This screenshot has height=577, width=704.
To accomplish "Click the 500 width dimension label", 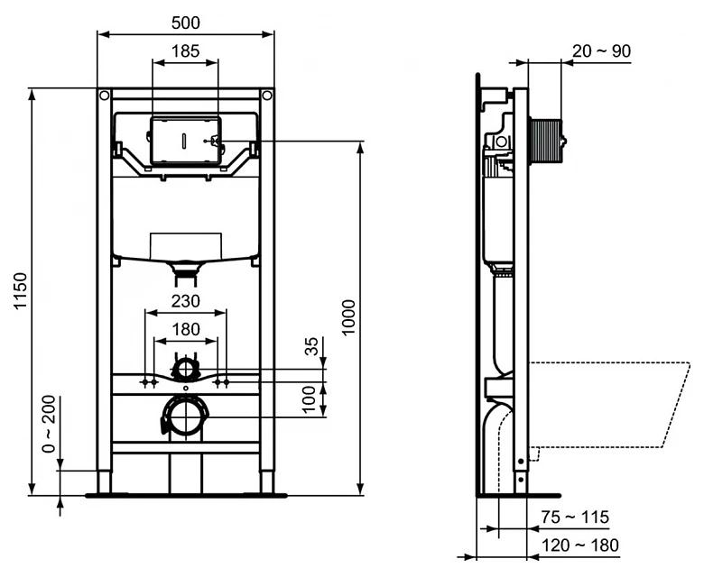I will pyautogui.click(x=185, y=22).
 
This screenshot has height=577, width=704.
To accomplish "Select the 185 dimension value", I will pyautogui.click(x=185, y=51).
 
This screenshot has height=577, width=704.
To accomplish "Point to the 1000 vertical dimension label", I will pyautogui.click(x=349, y=316).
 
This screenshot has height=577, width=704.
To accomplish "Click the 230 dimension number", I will pyautogui.click(x=185, y=300).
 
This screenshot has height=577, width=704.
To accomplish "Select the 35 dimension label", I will pyautogui.click(x=312, y=346).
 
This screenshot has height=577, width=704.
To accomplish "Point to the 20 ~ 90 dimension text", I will pyautogui.click(x=602, y=51).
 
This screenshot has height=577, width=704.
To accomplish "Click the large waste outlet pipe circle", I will pyautogui.click(x=185, y=417).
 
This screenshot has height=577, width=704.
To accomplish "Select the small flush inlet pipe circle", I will pyautogui.click(x=185, y=368).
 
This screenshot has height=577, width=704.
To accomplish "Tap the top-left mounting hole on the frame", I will pyautogui.click(x=105, y=95).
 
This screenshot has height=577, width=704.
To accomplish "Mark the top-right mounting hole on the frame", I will pyautogui.click(x=266, y=95).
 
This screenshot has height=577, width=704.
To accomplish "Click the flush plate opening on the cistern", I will pyautogui.click(x=185, y=141).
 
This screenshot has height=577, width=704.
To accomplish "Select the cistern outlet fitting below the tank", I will pyautogui.click(x=185, y=267).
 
